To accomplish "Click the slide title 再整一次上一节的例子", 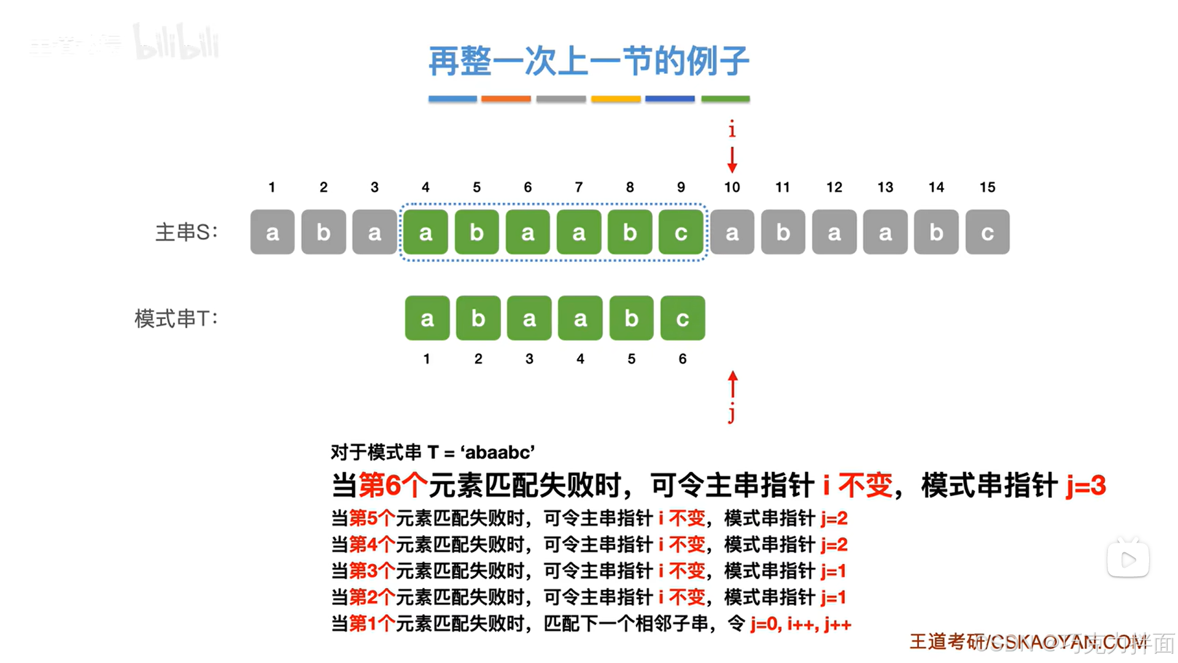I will tap(588, 61).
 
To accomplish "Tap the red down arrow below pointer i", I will tap(732, 160).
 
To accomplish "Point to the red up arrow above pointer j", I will tap(732, 384).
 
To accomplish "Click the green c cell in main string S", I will tap(681, 232).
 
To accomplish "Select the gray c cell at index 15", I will tap(987, 232).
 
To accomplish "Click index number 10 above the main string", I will tap(732, 187).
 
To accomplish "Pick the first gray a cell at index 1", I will tap(273, 232).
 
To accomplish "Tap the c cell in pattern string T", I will tap(683, 318).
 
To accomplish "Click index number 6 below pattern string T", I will tap(683, 359).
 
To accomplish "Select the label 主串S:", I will tap(186, 232).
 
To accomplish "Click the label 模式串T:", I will tap(176, 318).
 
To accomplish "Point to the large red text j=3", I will tap(1085, 485).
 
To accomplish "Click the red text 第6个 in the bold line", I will tap(393, 485).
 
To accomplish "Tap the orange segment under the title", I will tap(506, 98).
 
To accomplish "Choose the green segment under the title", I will tap(726, 98).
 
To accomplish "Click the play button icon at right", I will tap(1128, 559).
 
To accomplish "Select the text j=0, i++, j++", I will tap(800, 624).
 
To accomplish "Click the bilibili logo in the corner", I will tap(176, 43).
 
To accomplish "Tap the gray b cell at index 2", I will tap(324, 232).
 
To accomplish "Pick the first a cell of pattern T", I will tap(427, 318).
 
